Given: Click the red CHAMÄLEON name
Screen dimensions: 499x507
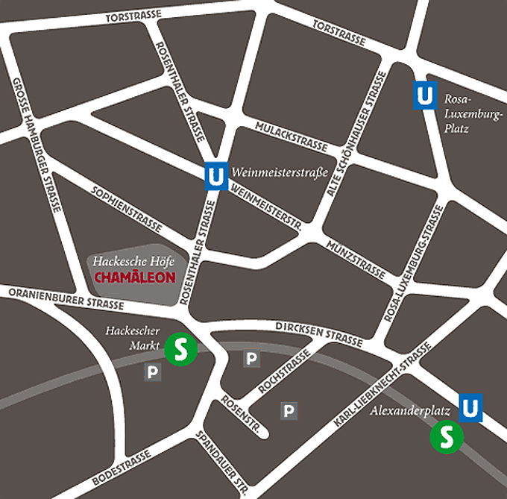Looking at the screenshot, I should pyautogui.click(x=136, y=277).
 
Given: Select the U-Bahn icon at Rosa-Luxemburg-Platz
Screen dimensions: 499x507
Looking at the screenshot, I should pyautogui.click(x=424, y=95).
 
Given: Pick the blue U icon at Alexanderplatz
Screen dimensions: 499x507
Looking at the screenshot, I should pyautogui.click(x=470, y=407).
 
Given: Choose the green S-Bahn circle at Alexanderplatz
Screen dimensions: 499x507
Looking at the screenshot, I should pyautogui.click(x=447, y=436).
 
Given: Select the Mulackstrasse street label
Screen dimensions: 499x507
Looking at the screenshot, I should pyautogui.click(x=291, y=134).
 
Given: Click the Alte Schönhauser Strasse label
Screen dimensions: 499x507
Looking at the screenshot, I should pyautogui.click(x=356, y=134).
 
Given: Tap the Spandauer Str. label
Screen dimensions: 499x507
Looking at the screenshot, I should pyautogui.click(x=221, y=463).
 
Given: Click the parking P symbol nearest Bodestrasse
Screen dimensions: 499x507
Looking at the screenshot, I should pyautogui.click(x=153, y=372).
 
